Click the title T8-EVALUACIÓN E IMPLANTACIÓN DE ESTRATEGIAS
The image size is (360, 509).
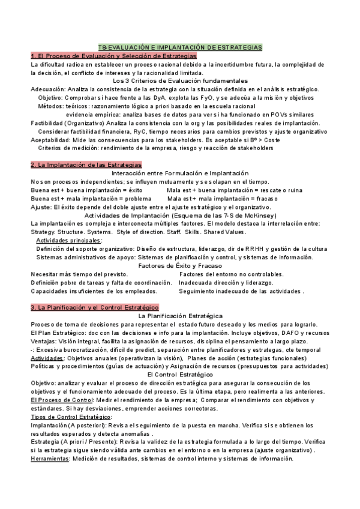tap(180, 47)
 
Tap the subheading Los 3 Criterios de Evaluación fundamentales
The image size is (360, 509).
tap(180, 80)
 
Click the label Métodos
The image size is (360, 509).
tap(50, 106)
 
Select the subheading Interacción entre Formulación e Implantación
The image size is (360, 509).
tap(180, 173)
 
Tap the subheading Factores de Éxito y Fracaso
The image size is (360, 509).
tap(180, 265)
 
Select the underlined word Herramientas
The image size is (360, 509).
tap(50, 458)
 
